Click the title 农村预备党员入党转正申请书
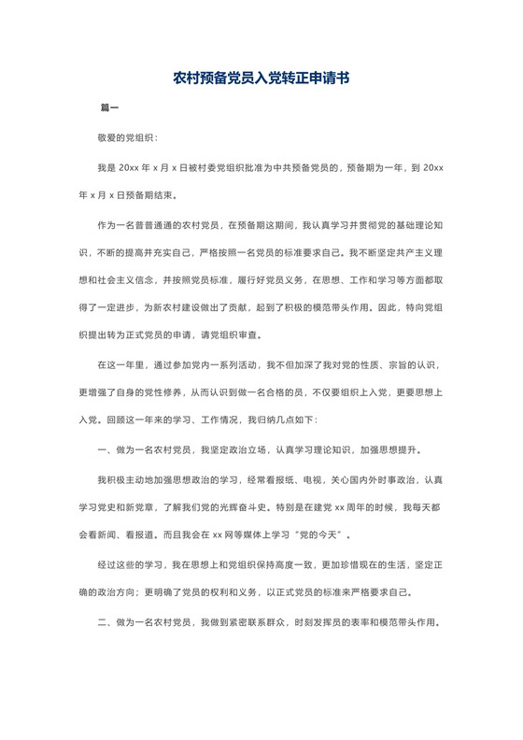coord(261,79)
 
